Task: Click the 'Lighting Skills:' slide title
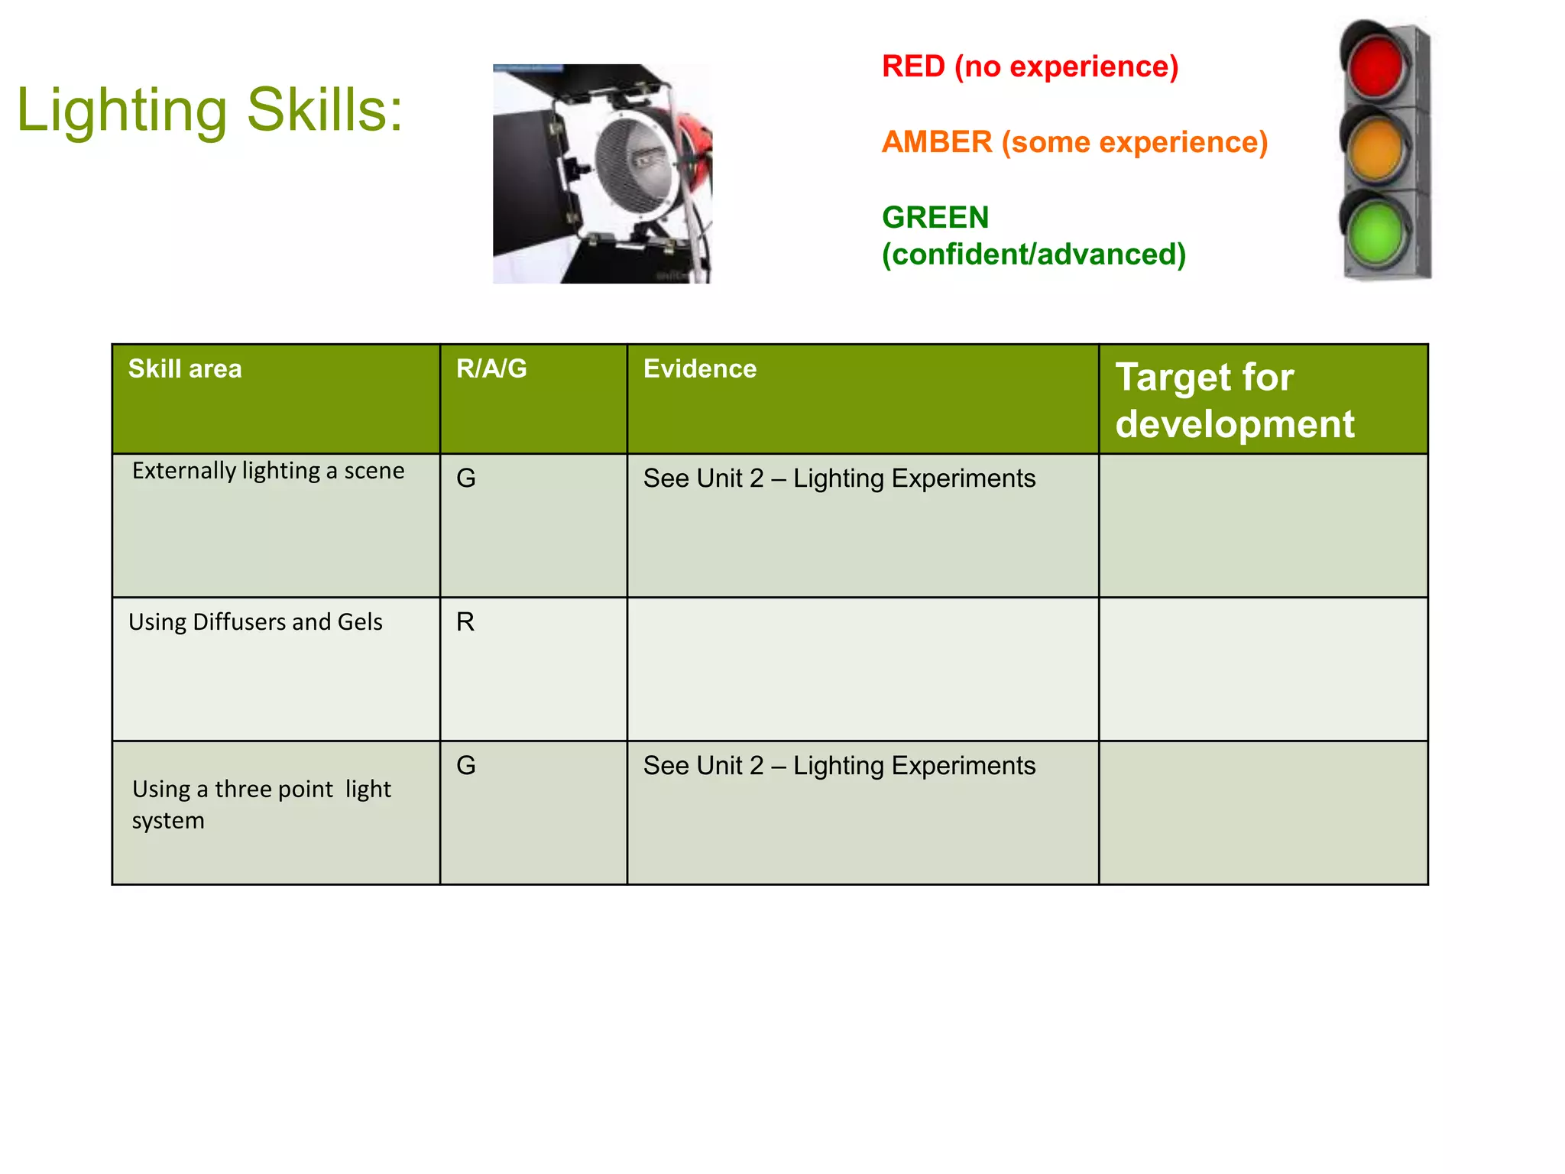point(209,110)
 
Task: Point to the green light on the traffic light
point(1376,232)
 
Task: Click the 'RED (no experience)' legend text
point(1029,66)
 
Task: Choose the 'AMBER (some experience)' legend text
point(1074,142)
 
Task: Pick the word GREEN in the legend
point(935,218)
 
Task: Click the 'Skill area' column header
point(185,369)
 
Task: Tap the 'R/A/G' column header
point(491,369)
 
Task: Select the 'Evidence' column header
point(700,369)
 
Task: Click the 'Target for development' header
point(1234,400)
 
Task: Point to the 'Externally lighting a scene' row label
point(268,471)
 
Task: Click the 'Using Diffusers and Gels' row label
point(255,622)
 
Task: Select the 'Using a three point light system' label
point(261,804)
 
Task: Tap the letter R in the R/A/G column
point(465,622)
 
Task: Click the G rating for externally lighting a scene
point(466,478)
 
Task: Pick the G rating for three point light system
point(466,766)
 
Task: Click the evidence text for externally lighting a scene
point(839,478)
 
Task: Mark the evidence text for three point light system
point(839,766)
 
